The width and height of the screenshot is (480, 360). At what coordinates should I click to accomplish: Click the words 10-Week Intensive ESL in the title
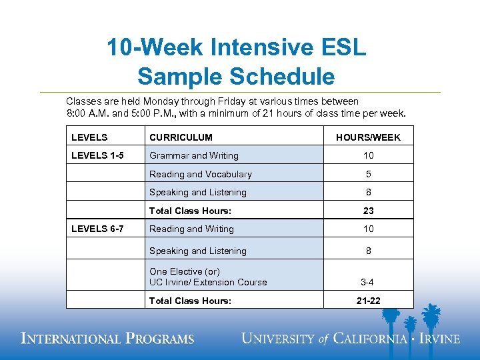[x=237, y=49]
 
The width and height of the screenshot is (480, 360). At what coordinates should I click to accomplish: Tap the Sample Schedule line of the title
[x=236, y=77]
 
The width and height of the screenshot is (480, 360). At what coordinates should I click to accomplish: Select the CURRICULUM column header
[x=181, y=137]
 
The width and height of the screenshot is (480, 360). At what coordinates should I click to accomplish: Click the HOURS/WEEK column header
[x=368, y=137]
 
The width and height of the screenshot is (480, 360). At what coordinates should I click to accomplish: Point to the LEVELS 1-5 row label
[x=97, y=155]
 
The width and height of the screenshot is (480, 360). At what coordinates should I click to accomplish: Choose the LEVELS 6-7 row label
[x=97, y=229]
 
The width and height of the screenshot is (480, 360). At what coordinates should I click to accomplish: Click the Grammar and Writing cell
[x=193, y=155]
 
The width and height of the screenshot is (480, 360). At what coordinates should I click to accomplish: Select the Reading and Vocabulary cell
[x=200, y=174]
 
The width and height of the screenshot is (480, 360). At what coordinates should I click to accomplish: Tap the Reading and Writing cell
[x=191, y=229]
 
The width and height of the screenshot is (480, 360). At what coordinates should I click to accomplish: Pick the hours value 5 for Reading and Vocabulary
[x=368, y=174]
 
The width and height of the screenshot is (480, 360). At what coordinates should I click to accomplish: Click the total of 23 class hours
[x=368, y=211]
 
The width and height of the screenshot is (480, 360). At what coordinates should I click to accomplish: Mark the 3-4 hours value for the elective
[x=368, y=282]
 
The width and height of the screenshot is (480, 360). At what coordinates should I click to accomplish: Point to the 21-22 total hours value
[x=368, y=301]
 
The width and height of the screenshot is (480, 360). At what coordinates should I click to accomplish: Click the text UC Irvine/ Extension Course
[x=208, y=282]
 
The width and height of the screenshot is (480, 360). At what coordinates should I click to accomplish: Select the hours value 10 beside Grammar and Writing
[x=368, y=155]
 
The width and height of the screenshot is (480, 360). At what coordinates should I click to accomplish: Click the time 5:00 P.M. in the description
[x=153, y=113]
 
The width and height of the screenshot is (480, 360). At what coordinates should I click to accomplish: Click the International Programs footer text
[x=107, y=339]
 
